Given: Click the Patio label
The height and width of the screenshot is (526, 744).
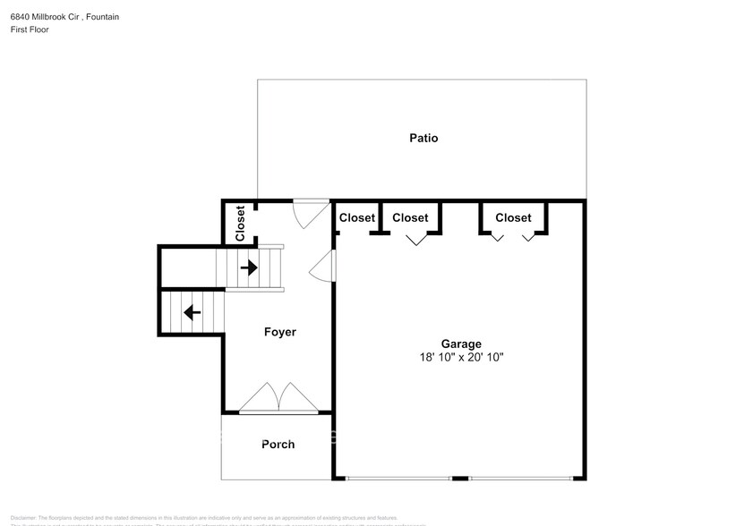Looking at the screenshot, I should pos(423,138).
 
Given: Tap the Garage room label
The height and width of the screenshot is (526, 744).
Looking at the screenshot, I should pos(461,344).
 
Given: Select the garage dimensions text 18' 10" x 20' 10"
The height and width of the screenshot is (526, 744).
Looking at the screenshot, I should pos(461,357).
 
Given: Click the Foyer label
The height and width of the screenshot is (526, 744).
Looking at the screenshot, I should pos(279,332).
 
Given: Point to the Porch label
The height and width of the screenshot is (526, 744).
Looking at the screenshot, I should pos(278,444).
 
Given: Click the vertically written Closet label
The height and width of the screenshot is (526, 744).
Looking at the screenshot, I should pos(240,224).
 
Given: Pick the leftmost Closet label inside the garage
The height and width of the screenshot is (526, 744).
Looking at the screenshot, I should pos(356,217).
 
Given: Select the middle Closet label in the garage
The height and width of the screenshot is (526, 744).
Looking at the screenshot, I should pos(410,217).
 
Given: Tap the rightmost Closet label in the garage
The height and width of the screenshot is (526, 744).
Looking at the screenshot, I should pos(513,217).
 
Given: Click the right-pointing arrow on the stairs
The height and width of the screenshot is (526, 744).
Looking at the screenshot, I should pos(249,267).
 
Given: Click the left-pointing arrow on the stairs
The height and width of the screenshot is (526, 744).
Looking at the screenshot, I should pos(191,312).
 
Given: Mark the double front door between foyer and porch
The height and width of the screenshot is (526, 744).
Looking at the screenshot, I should pos(278,399).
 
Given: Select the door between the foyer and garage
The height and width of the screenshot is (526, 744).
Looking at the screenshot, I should pos(323,267).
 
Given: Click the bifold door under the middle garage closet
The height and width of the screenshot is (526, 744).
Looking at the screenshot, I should pos(416,239).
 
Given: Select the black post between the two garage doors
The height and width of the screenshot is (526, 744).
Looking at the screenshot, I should pos(460,478).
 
